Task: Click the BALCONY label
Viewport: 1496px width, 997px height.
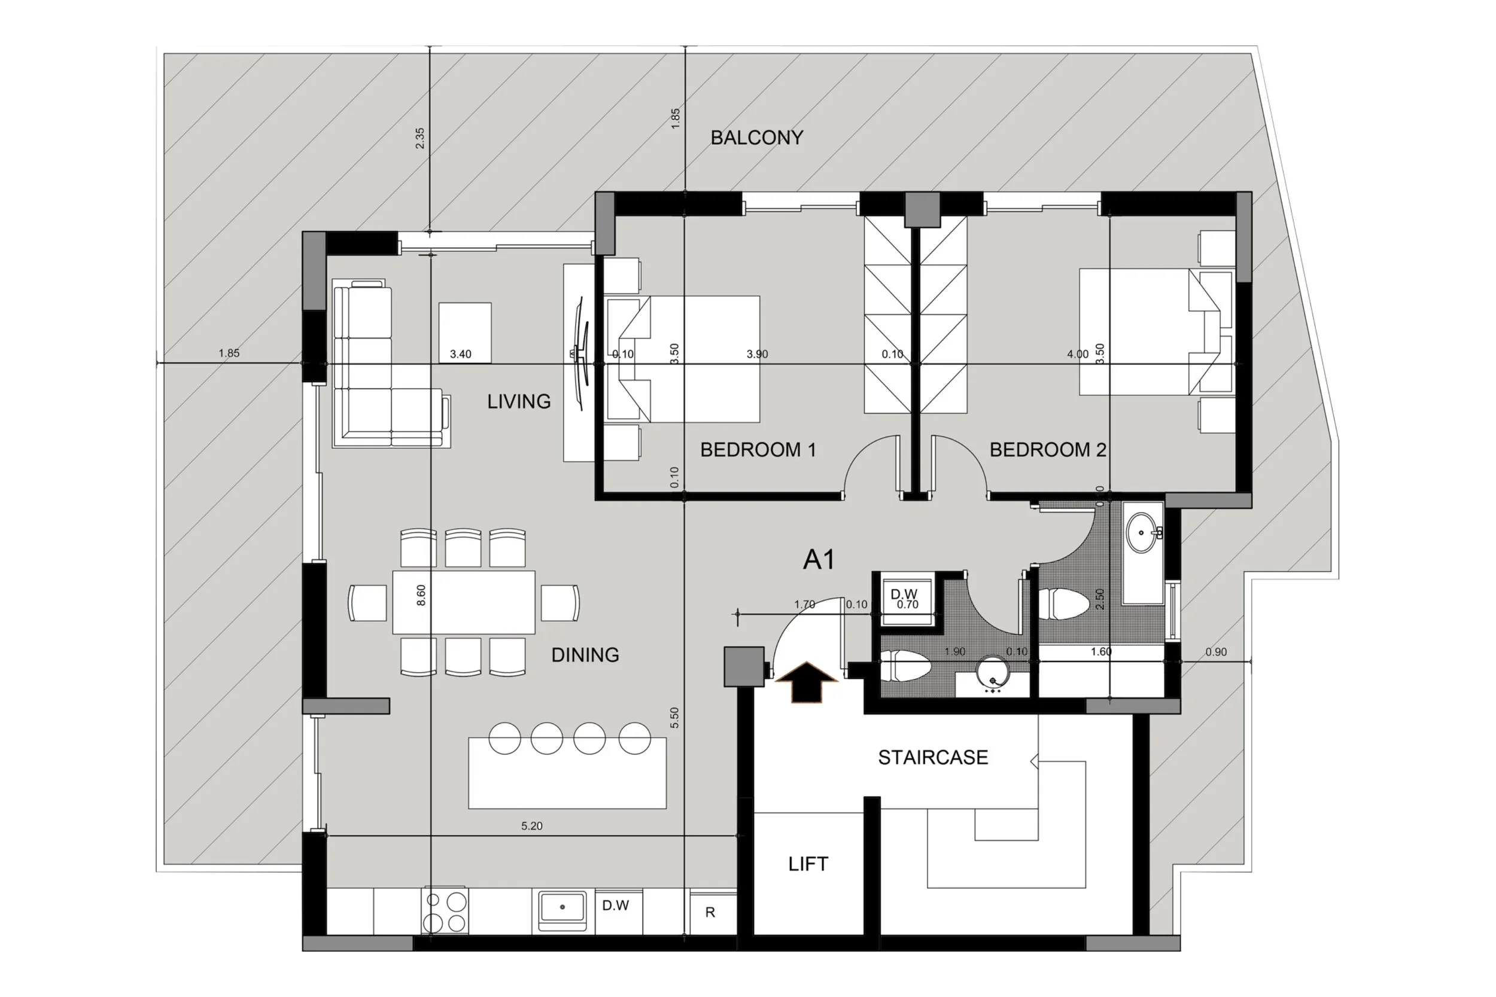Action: tap(756, 138)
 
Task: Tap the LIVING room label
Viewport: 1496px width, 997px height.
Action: tap(518, 401)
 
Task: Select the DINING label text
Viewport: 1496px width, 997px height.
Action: tap(585, 655)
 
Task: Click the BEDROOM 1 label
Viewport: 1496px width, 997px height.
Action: tap(758, 450)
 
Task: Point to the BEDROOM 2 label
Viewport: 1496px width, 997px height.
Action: tap(1047, 450)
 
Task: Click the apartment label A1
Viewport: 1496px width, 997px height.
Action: tap(819, 560)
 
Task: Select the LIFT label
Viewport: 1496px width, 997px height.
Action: tap(808, 864)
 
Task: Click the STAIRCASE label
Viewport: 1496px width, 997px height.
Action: tap(932, 757)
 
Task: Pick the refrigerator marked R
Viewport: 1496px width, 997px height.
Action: tap(710, 913)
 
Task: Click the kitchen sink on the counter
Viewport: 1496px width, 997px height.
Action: tap(562, 907)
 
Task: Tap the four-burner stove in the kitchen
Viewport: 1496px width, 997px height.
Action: tap(445, 911)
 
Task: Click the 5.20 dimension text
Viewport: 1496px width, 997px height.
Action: tap(532, 826)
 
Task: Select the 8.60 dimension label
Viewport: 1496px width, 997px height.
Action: tap(421, 595)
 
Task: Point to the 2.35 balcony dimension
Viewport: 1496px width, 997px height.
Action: tap(420, 138)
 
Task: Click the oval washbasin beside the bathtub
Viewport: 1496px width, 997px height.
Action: tap(1144, 532)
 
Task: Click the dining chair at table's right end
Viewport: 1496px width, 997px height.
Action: tap(560, 603)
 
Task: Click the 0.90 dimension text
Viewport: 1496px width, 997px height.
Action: tap(1215, 652)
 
